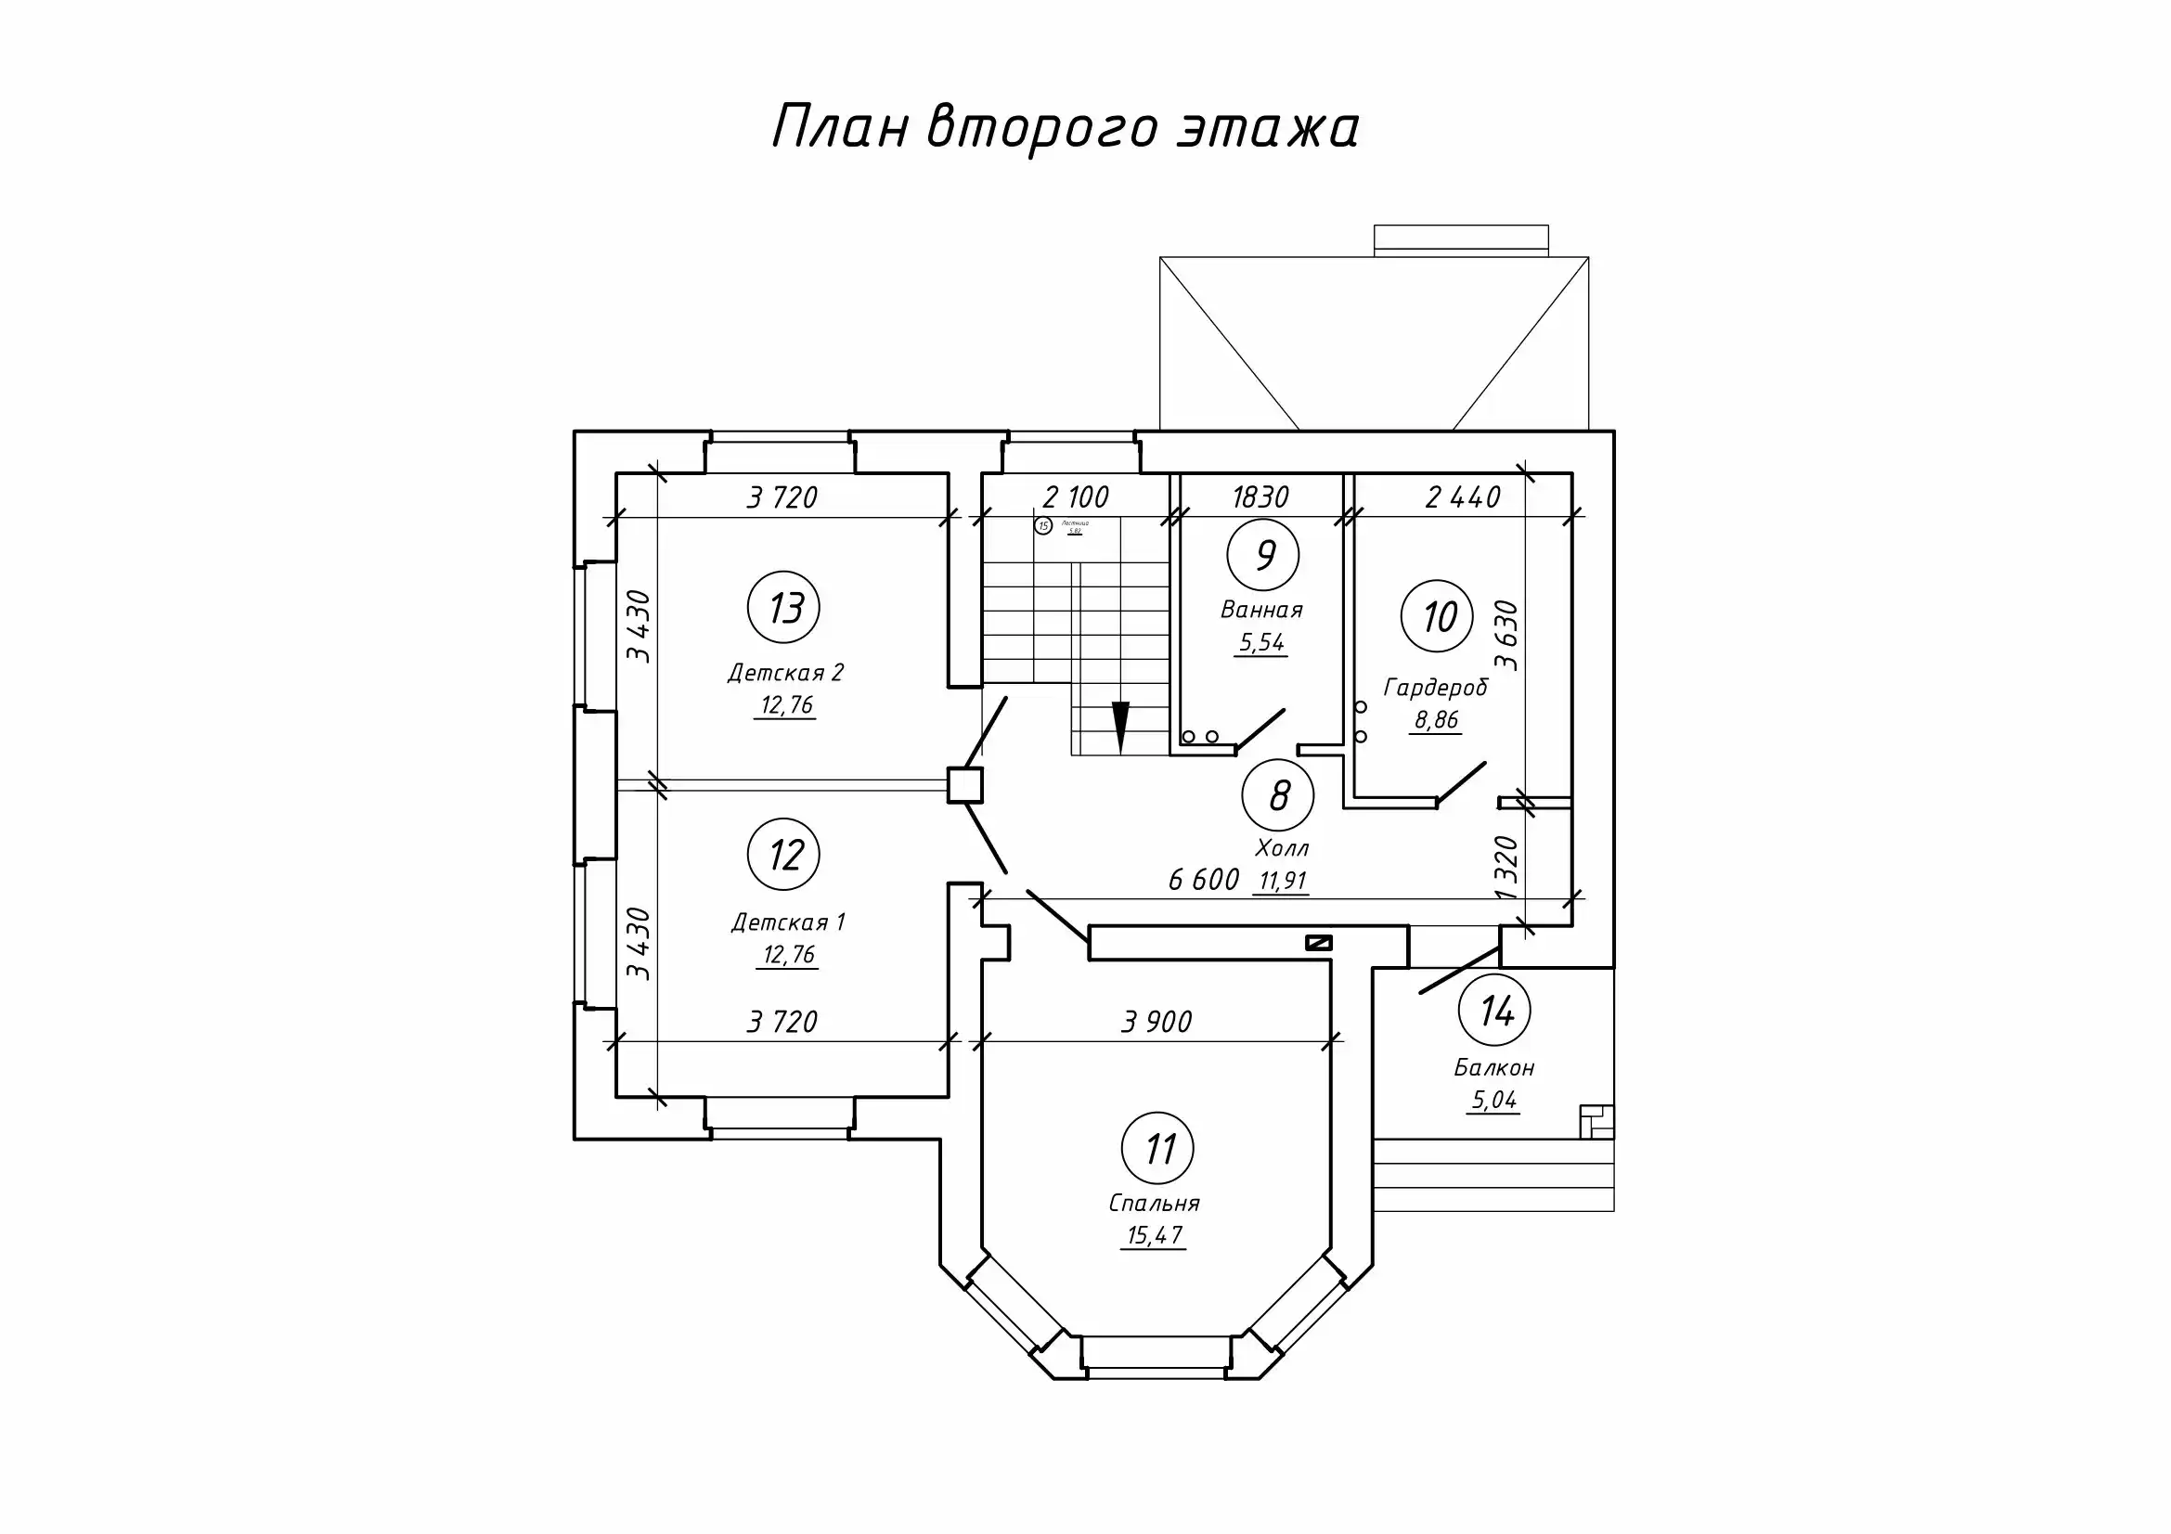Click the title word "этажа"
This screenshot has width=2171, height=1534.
point(1267,127)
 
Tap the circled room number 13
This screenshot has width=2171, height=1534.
point(784,609)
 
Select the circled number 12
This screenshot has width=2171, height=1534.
point(784,855)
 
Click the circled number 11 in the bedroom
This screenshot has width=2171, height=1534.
point(1157,1149)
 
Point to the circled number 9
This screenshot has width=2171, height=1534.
point(1263,556)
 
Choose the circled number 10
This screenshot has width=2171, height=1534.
point(1437,617)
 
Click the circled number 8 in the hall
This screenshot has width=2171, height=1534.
point(1278,795)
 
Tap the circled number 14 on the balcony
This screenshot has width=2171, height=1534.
point(1495,1012)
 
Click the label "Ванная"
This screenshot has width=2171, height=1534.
point(1262,611)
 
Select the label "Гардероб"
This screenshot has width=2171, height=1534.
point(1435,687)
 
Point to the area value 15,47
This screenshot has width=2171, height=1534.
point(1155,1235)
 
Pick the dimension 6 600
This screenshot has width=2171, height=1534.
point(1204,881)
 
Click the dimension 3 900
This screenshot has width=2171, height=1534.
point(1157,1022)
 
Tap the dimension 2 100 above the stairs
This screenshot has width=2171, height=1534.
point(1076,497)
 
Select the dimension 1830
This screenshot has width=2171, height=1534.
point(1260,497)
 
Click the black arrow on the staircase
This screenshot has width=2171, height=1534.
point(1121,726)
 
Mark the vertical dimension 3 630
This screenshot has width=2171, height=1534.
point(1505,635)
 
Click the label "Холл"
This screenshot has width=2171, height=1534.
point(1282,848)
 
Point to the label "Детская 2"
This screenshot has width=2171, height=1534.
point(786,673)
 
